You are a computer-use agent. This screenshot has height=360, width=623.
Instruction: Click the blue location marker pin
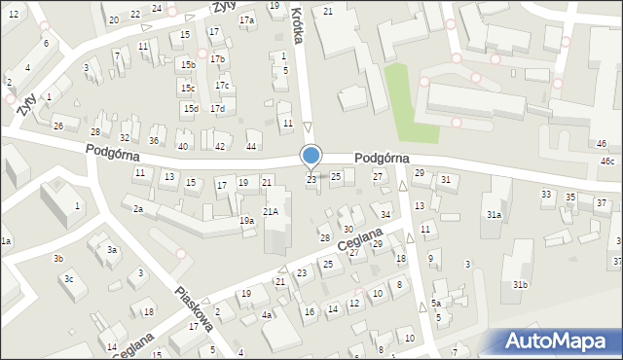point(311,156)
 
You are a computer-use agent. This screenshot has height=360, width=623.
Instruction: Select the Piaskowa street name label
point(195,308)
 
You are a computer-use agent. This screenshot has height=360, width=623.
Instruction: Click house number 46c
point(607,161)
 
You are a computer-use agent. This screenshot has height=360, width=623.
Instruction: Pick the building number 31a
point(495,215)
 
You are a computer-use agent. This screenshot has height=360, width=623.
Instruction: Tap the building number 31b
point(521,284)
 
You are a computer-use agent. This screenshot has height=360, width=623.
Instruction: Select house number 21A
point(272,211)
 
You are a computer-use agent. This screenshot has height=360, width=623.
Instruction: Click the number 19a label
point(247,222)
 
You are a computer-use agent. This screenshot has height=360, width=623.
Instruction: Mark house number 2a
point(139,209)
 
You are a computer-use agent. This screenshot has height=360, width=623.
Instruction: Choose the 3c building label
point(68,279)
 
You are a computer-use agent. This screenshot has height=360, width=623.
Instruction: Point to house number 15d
point(191,108)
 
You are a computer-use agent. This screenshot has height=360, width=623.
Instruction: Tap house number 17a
point(247,20)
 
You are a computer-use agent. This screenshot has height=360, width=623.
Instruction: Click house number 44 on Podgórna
point(251,146)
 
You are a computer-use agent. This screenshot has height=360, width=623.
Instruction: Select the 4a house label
point(267,315)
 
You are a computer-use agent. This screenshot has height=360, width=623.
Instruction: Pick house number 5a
point(437,304)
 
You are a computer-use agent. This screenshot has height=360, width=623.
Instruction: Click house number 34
point(385,214)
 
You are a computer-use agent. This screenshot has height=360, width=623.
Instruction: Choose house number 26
point(58,126)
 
